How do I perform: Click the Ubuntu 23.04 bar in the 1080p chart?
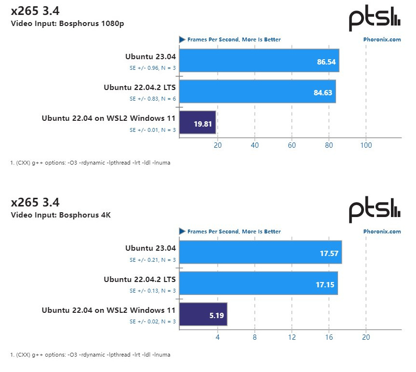point(259,61)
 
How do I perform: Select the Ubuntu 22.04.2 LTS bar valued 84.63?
point(257,91)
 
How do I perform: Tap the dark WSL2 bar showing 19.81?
point(197,122)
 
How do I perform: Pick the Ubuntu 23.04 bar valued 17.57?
point(260,252)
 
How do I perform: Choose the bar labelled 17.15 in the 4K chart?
point(258,283)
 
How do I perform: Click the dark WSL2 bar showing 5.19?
point(203,314)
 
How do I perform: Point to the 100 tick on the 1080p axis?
point(366,145)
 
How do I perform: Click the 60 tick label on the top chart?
point(292,145)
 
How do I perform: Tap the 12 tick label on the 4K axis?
point(292,337)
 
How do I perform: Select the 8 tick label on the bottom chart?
point(255,337)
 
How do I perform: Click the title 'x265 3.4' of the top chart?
point(35,11)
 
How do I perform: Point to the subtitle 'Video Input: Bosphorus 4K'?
point(61,215)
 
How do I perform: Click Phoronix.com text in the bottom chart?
point(382,231)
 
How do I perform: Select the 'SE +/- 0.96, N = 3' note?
point(153,68)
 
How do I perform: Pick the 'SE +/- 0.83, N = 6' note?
point(153,99)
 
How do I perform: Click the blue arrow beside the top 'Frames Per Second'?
point(182,39)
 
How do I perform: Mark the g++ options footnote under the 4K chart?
point(90,355)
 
